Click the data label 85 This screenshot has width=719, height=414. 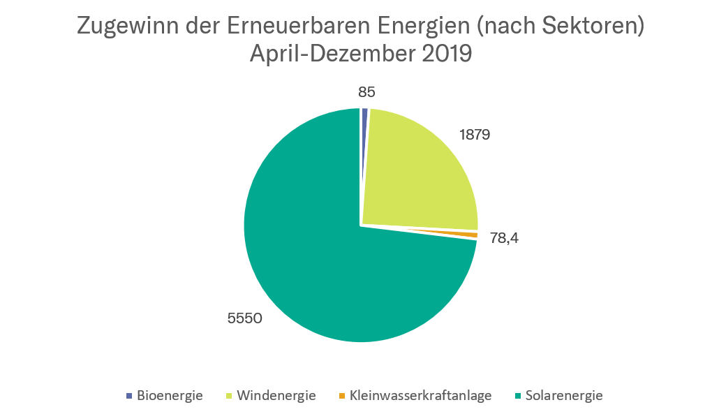pyautogui.click(x=366, y=92)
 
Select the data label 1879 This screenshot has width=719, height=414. pyautogui.click(x=475, y=135)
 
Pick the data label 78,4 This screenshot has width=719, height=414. pyautogui.click(x=504, y=238)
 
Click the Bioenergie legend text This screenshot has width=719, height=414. pyautogui.click(x=170, y=396)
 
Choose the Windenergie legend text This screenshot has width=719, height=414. pyautogui.click(x=276, y=396)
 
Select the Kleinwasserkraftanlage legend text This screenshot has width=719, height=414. pyautogui.click(x=421, y=396)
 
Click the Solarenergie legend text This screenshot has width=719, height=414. pyautogui.click(x=564, y=396)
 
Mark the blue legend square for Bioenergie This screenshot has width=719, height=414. pyautogui.click(x=128, y=396)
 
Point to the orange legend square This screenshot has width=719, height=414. pyautogui.click(x=341, y=396)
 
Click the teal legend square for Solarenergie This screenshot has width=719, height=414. pyautogui.click(x=517, y=396)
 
